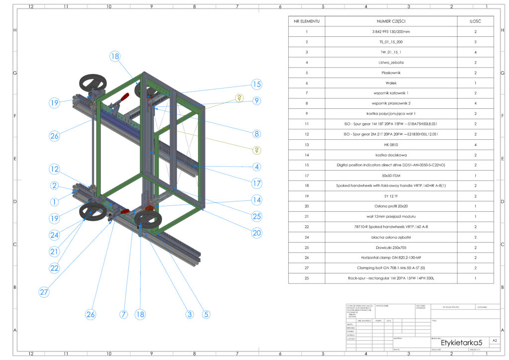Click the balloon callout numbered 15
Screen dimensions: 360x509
coord(256,84)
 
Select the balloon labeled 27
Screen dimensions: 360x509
coord(44,292)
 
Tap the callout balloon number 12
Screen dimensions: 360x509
coord(54,169)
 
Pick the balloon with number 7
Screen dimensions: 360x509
coord(124,314)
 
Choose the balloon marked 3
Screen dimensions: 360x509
coord(189,314)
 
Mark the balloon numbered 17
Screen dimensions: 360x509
coord(256,183)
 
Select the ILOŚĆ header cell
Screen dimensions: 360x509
coord(475,21)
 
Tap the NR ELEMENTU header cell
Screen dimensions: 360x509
coord(307,21)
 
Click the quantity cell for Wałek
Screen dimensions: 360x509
coord(475,83)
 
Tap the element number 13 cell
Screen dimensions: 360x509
coord(307,144)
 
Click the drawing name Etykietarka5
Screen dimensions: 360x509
coord(462,343)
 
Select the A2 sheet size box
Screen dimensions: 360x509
coord(494,341)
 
